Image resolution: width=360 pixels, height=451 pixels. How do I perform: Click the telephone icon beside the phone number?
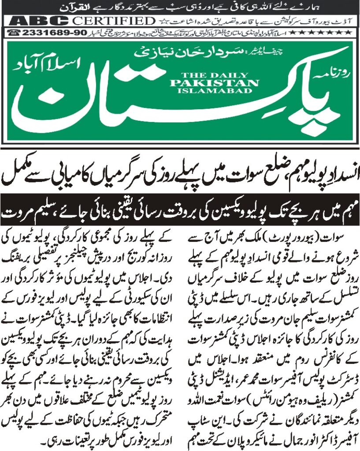[x=15, y=33]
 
